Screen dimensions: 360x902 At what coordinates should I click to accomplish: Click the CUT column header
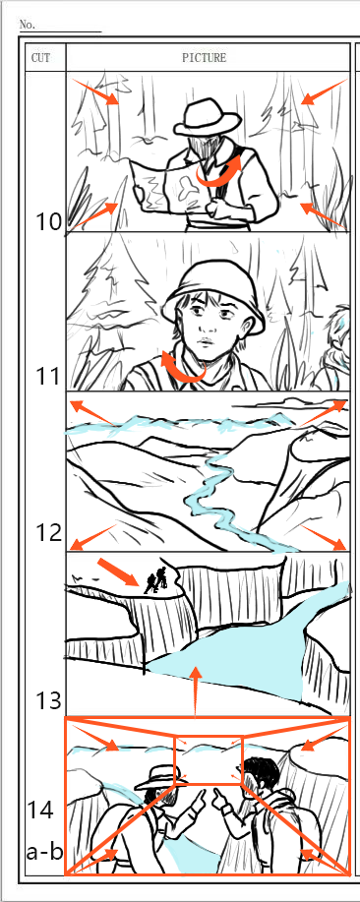tap(40, 57)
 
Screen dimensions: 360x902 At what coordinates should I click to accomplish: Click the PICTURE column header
tap(205, 57)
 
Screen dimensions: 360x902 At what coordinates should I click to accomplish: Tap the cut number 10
tap(49, 222)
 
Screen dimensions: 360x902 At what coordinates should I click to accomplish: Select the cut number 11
tap(48, 377)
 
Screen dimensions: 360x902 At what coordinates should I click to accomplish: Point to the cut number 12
tap(48, 533)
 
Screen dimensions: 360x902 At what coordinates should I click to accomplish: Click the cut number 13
tap(48, 700)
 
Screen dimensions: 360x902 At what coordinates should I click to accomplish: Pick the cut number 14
tap(40, 810)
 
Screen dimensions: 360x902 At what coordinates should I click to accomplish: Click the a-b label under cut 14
tap(45, 852)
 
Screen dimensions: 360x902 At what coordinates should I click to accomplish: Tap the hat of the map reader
tap(207, 117)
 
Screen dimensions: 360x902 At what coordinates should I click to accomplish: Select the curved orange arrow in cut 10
tap(220, 172)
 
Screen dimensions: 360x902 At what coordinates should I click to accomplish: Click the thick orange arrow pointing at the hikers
tap(118, 572)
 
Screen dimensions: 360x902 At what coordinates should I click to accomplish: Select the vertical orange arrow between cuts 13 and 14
tap(197, 692)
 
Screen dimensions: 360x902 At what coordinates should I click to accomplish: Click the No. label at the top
tap(27, 25)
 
